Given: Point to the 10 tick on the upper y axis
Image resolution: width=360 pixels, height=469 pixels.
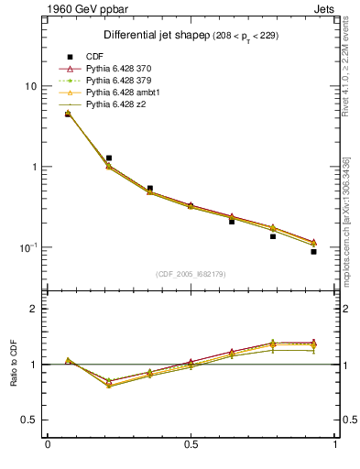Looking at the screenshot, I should [x=30, y=86].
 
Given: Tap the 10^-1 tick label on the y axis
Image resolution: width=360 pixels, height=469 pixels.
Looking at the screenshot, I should [x=27, y=247].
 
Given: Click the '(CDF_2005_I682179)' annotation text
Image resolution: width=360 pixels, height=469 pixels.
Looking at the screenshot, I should [x=191, y=274].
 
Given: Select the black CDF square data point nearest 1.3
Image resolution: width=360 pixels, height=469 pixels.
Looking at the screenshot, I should [x=109, y=158].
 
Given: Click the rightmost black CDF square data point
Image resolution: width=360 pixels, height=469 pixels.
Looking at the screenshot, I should [x=313, y=252].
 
